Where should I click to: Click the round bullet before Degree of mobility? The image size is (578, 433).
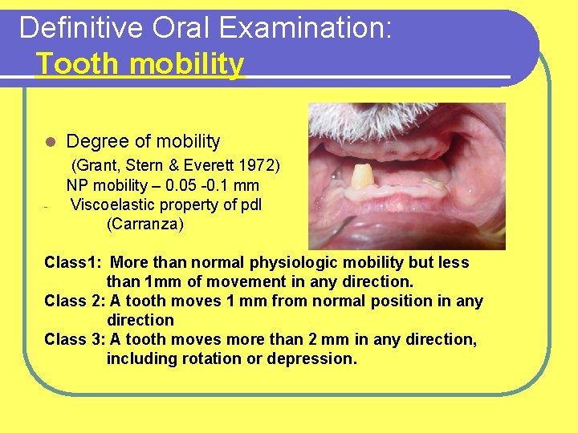(x=49, y=142)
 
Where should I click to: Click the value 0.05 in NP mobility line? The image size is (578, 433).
(x=181, y=185)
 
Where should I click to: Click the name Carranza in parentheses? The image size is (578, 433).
(x=145, y=224)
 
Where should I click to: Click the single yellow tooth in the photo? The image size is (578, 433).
(x=363, y=176)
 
